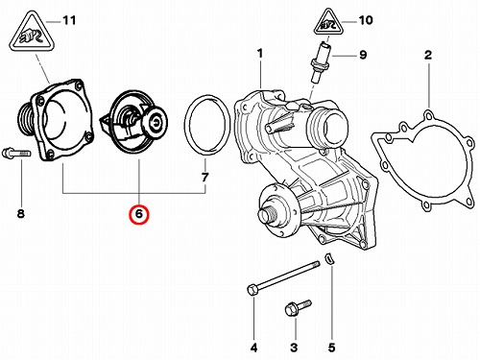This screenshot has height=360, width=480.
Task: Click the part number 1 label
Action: tap(260, 54)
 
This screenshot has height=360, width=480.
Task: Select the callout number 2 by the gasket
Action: tap(428, 55)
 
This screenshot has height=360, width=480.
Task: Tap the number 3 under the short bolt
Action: tap(294, 348)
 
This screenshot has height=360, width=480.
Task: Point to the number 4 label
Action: tap(253, 348)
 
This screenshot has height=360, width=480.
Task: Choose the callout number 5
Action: tap(331, 348)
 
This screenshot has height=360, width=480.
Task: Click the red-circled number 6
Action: tap(139, 214)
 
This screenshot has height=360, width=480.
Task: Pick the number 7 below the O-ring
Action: tap(204, 177)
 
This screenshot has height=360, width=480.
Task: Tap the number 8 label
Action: tap(21, 213)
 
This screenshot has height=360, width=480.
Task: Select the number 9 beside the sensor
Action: tap(363, 55)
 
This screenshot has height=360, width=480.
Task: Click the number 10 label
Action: tap(366, 20)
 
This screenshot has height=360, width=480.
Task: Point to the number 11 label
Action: tap(69, 20)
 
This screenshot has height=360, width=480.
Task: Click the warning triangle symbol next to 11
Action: tap(32, 33)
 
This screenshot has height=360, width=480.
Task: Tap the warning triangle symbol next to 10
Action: tap(328, 22)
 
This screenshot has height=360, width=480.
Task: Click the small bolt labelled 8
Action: tap(16, 153)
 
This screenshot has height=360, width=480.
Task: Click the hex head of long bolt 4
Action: tap(252, 290)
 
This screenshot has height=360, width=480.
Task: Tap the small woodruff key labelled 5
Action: tap(329, 259)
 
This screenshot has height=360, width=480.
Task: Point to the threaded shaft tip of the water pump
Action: tap(266, 217)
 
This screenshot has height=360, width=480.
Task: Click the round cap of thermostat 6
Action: tap(156, 122)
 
